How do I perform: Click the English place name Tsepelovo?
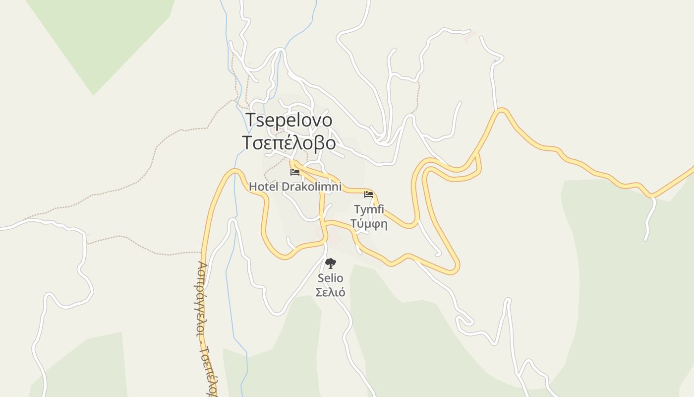coord(289,120)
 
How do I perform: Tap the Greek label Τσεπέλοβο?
coord(289,142)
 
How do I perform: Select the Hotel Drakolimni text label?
coord(295,187)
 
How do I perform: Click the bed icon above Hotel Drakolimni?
coord(295,172)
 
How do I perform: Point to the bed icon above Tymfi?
coord(369,194)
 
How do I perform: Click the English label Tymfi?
coord(369,209)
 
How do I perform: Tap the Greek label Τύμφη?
coord(369,223)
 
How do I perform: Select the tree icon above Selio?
coord(331,264)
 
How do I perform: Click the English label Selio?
coord(331,278)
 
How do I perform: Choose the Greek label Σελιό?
coord(331,292)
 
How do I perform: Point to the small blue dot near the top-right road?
coord(495,61)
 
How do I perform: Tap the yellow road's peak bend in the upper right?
coord(502,111)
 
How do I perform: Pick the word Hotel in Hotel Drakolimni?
coord(264,187)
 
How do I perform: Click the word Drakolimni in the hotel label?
coord(311,187)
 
